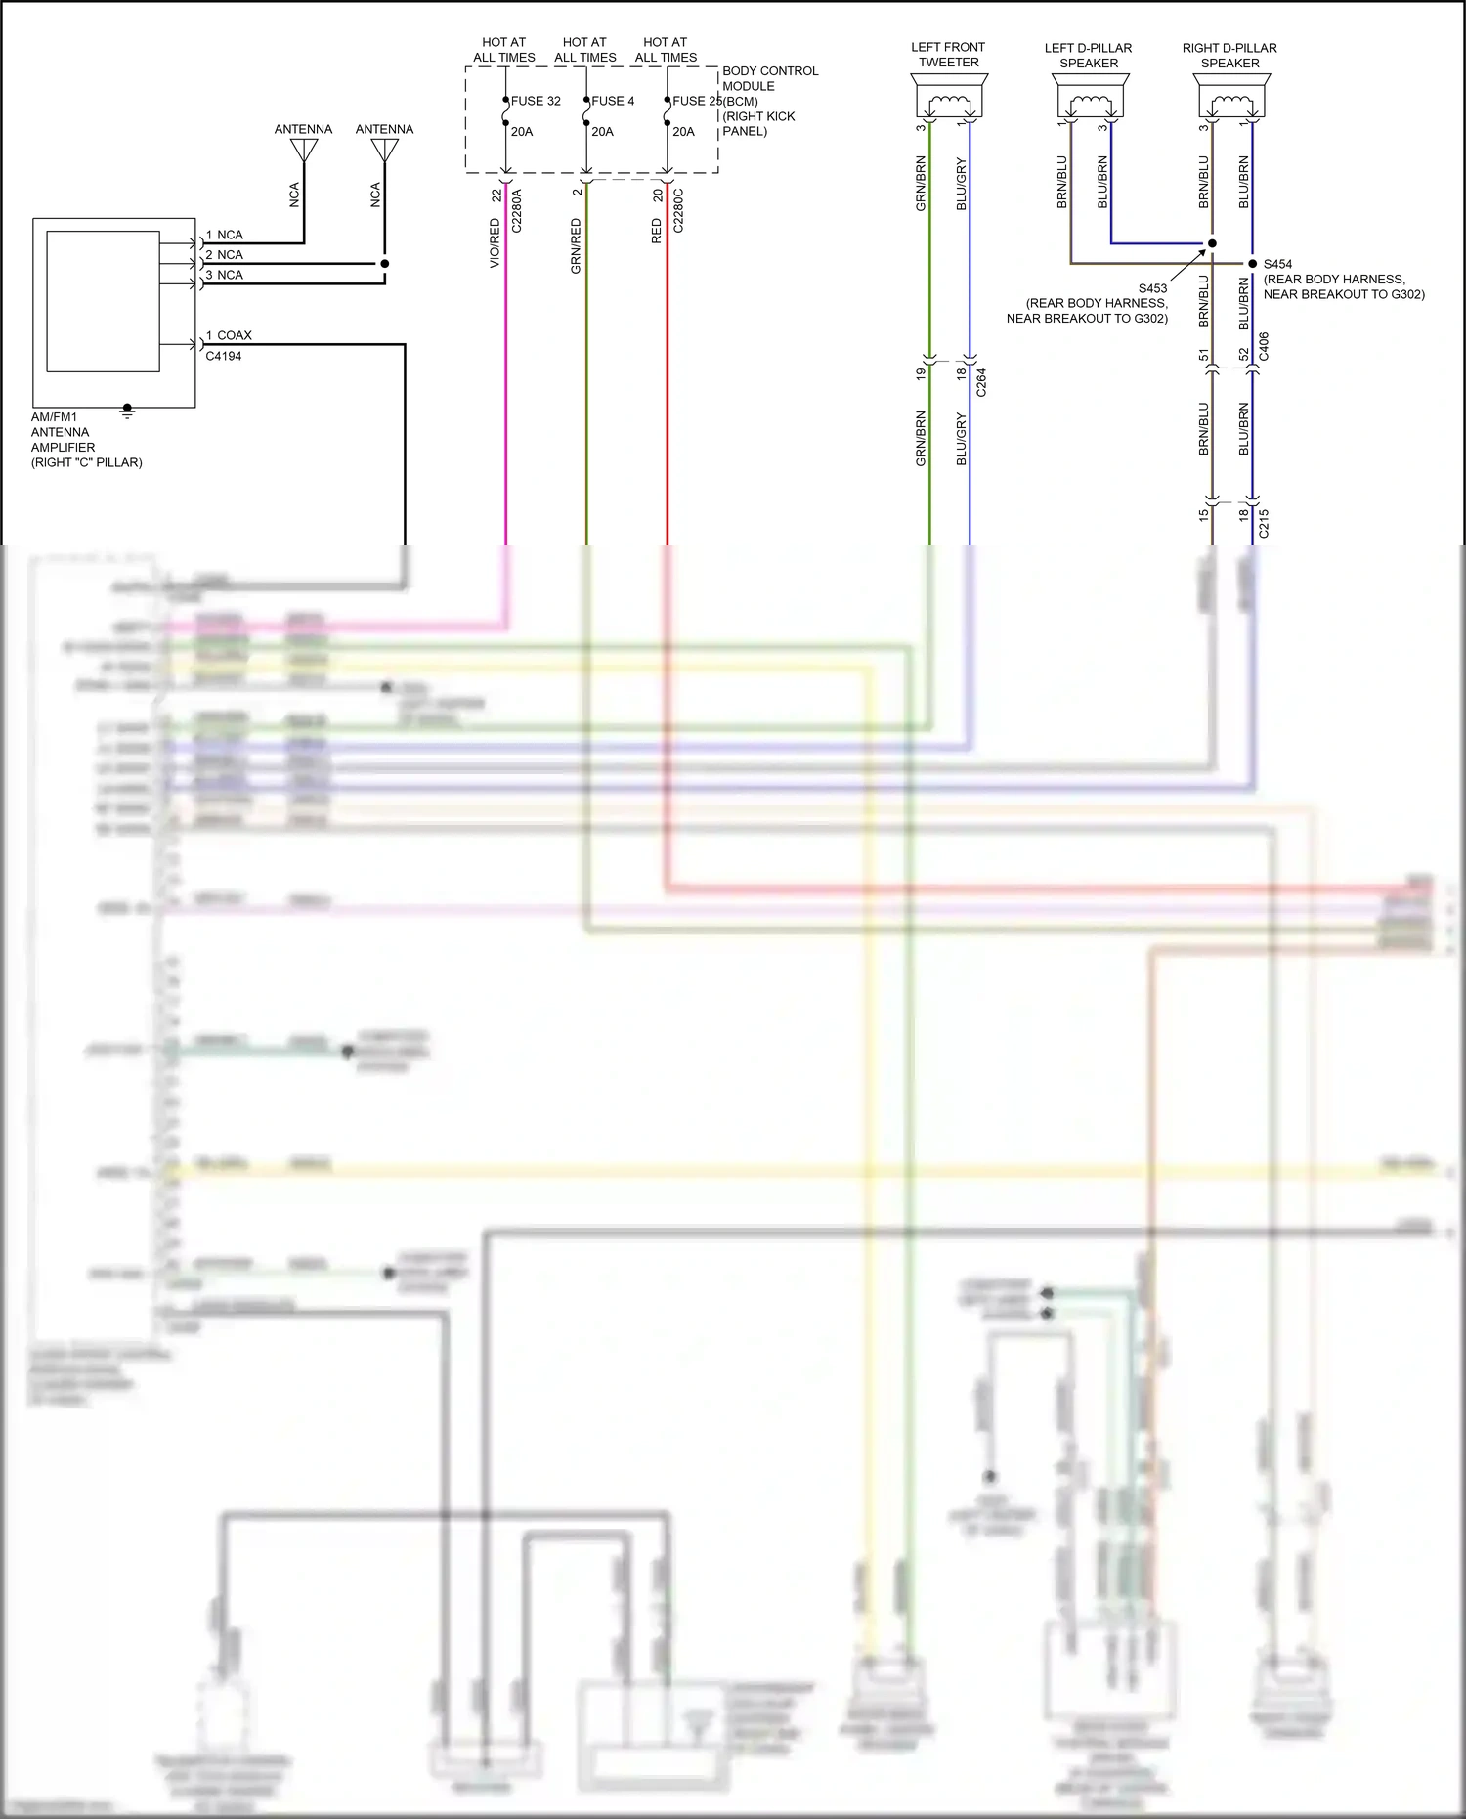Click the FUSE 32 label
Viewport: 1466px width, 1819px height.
[x=536, y=101]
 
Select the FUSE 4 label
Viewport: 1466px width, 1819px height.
[x=613, y=101]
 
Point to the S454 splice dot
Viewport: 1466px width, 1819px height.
[x=1253, y=264]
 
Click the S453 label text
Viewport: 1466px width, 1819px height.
[x=1152, y=288]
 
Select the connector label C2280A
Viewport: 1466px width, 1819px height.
[x=517, y=210]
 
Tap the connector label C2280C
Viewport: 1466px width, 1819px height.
[x=678, y=210]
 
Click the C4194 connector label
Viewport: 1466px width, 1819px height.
[x=224, y=356]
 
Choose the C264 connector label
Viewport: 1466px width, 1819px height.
[x=981, y=382]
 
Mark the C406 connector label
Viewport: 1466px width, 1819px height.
[x=1264, y=346]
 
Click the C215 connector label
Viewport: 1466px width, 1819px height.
[x=1264, y=523]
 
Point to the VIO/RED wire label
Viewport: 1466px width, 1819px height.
[x=495, y=243]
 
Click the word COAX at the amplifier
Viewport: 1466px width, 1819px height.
[x=235, y=335]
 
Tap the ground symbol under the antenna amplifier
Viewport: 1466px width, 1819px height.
[x=127, y=411]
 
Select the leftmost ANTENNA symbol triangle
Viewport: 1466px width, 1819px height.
[x=304, y=151]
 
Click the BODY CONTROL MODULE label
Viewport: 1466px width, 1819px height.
[x=769, y=78]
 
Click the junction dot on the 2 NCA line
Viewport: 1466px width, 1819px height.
[x=385, y=264]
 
